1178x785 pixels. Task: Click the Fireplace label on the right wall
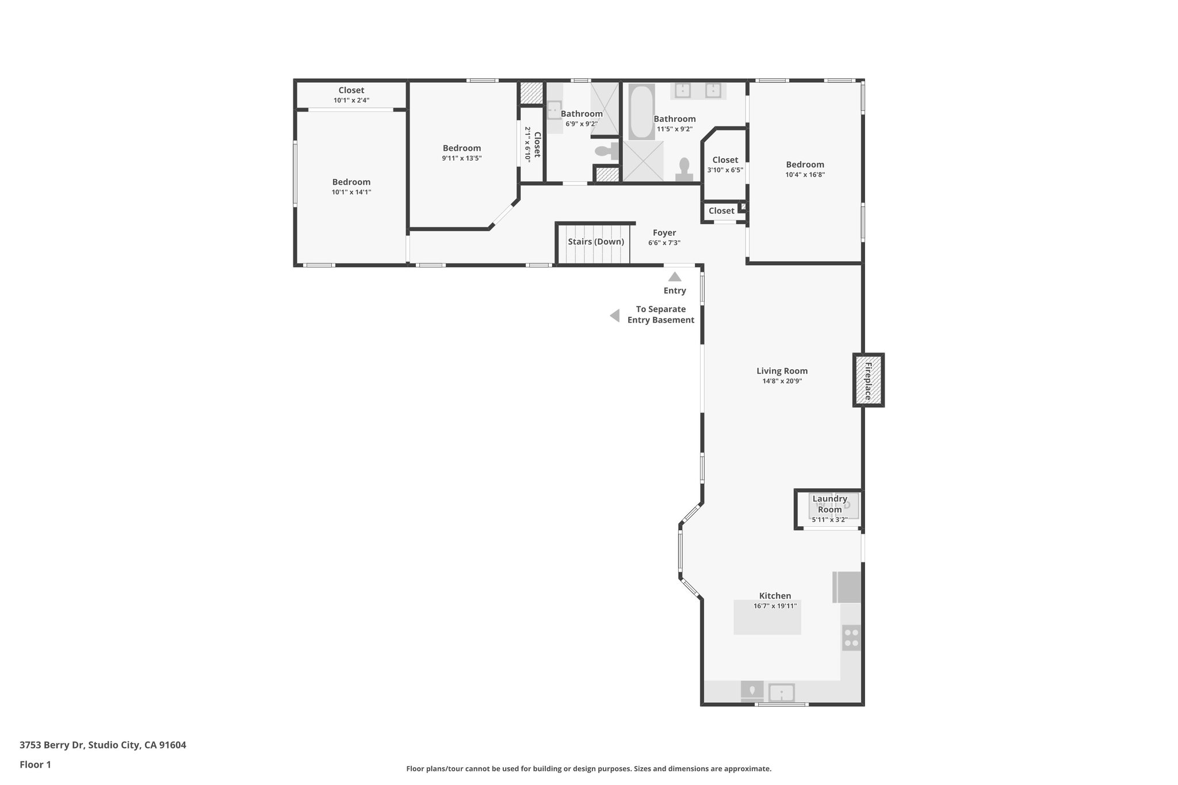tap(868, 381)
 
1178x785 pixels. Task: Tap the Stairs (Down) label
tap(595, 242)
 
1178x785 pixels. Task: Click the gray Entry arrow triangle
tap(675, 277)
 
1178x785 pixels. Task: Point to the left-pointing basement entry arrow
tap(615, 316)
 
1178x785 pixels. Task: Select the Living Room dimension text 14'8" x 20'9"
tap(782, 381)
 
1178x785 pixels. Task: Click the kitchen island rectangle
tap(767, 617)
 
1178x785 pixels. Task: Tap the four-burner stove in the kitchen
tap(851, 637)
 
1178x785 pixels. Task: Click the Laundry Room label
tap(829, 504)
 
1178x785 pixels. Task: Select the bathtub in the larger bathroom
tap(641, 112)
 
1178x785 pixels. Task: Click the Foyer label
tap(664, 233)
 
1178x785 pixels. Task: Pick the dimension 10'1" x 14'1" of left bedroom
tap(351, 192)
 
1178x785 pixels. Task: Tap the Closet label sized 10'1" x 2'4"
tap(351, 90)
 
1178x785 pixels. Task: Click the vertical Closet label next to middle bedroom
tap(537, 144)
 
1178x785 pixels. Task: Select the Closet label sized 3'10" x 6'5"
tap(725, 160)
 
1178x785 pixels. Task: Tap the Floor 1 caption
tap(35, 764)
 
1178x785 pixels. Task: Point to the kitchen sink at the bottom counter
tap(781, 692)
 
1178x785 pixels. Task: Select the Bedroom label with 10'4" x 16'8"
tap(805, 164)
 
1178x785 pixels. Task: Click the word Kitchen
tap(775, 596)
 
